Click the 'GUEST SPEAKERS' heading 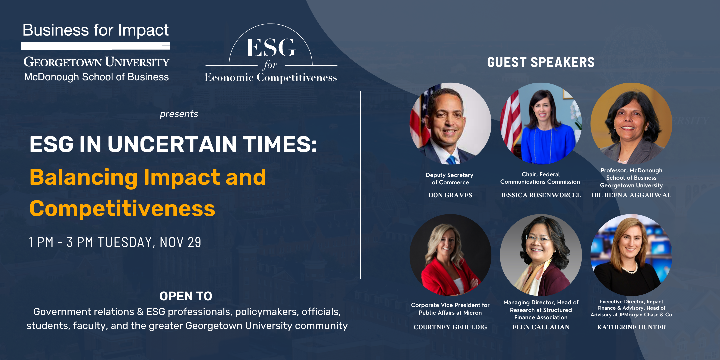coord(541,62)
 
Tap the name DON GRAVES coord(450,195)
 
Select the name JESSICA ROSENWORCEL coord(541,195)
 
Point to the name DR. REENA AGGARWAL coord(631,195)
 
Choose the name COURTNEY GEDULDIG coord(450,327)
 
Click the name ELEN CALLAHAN coord(541,327)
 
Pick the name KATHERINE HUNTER coord(631,327)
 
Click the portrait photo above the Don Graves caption coord(450,123)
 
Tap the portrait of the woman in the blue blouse coord(541,123)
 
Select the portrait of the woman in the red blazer coord(450,255)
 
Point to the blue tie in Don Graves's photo coord(452,160)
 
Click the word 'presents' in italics coord(179,114)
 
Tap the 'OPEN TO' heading coord(186,296)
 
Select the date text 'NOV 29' coord(180,242)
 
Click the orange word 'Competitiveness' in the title coord(122,209)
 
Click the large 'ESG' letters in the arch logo coord(271,48)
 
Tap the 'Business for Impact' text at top coord(96,30)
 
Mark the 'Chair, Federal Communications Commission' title coord(540,178)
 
